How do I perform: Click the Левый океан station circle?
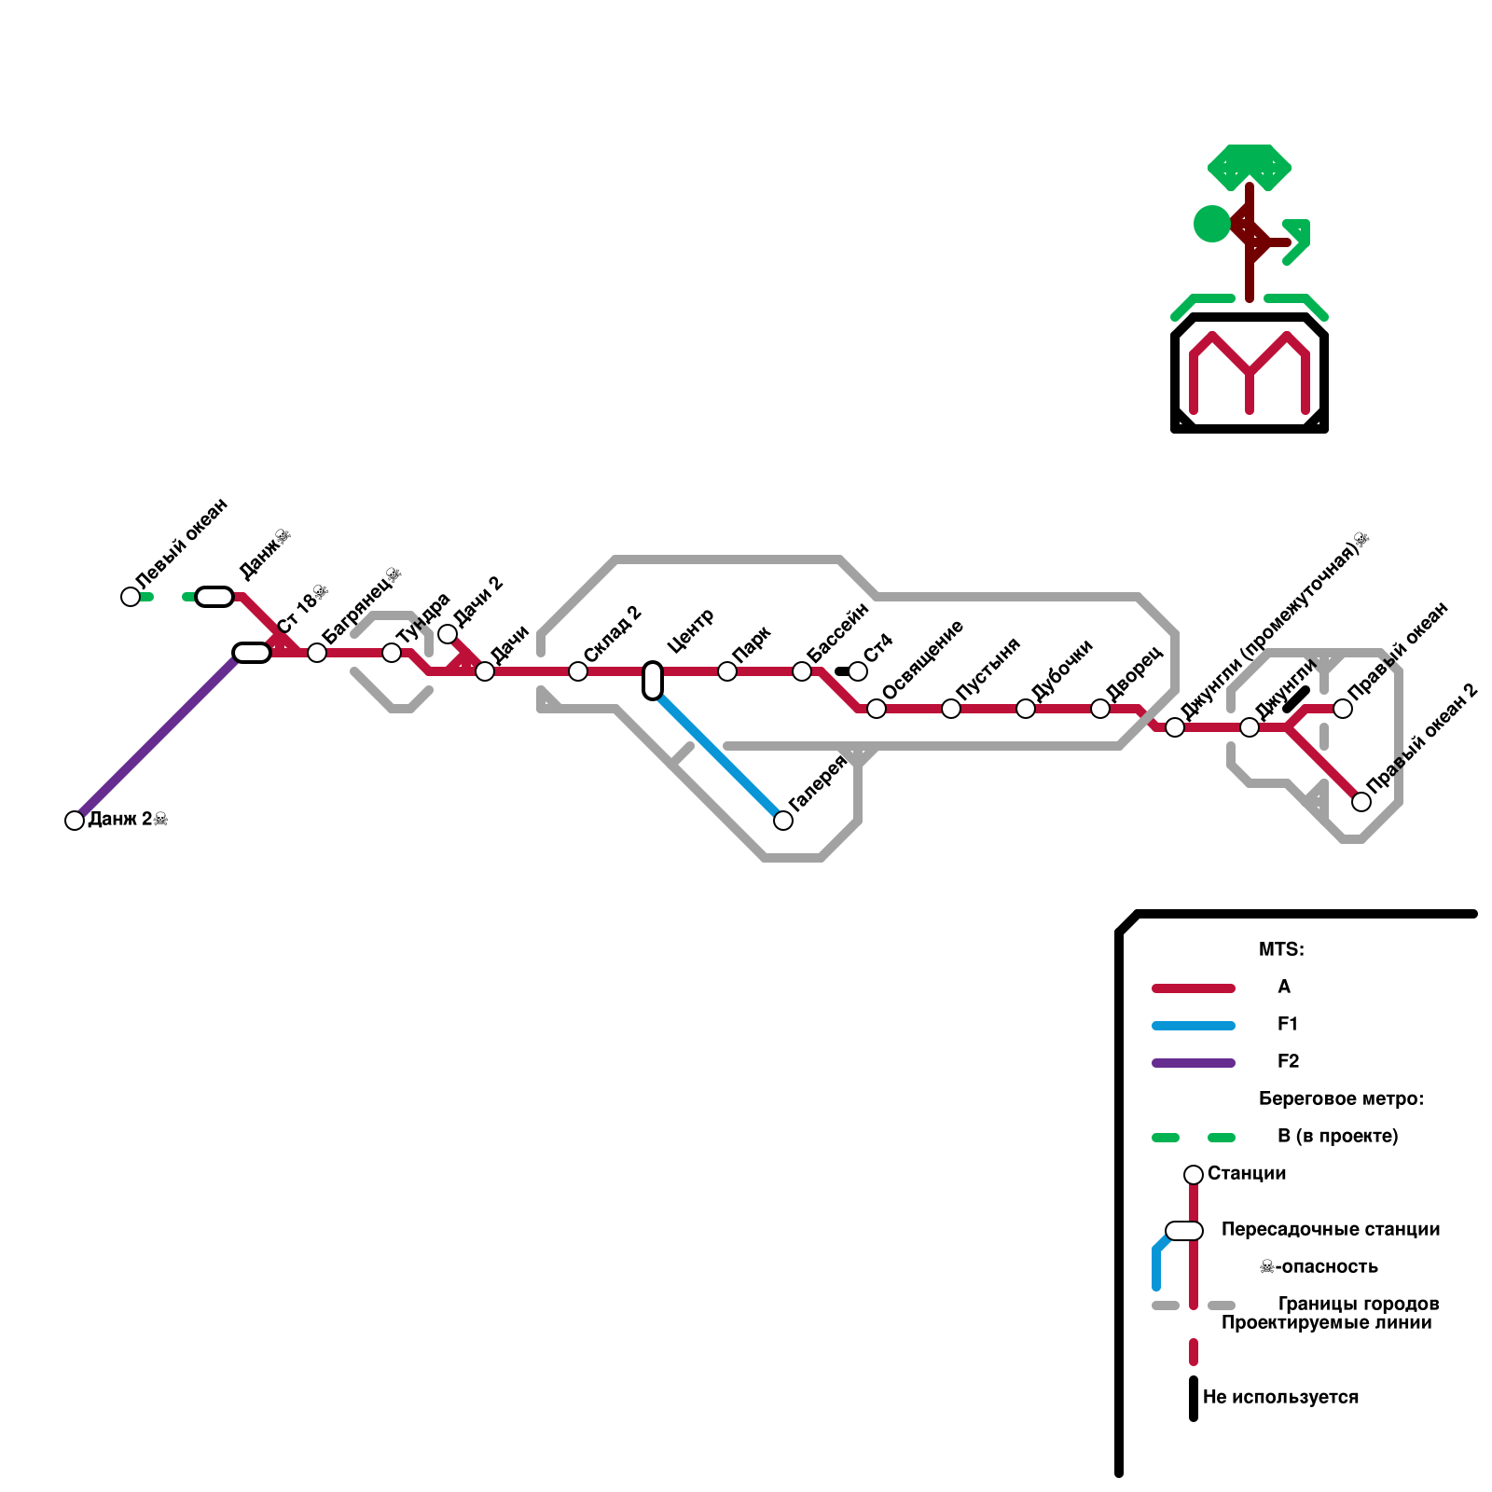[x=131, y=597]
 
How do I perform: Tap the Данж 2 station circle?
[x=75, y=821]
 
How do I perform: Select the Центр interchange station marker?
[x=653, y=680]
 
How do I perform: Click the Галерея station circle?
[x=783, y=821]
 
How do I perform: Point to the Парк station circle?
[x=727, y=671]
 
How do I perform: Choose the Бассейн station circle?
[x=802, y=671]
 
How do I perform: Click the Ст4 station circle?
[x=858, y=671]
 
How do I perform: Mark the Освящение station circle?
[x=877, y=709]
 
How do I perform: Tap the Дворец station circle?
[x=1100, y=709]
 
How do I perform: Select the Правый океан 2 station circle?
[x=1361, y=802]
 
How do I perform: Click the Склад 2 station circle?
[x=578, y=671]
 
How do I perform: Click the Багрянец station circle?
[x=317, y=653]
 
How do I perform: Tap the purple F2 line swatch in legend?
[x=1194, y=1063]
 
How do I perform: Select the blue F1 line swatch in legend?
[x=1194, y=1026]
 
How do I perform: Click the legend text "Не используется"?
[x=1280, y=1397]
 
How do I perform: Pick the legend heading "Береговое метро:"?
[x=1340, y=1098]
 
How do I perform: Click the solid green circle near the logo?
[x=1212, y=224]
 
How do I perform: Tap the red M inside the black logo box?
[x=1250, y=373]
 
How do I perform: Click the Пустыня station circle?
[x=951, y=709]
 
